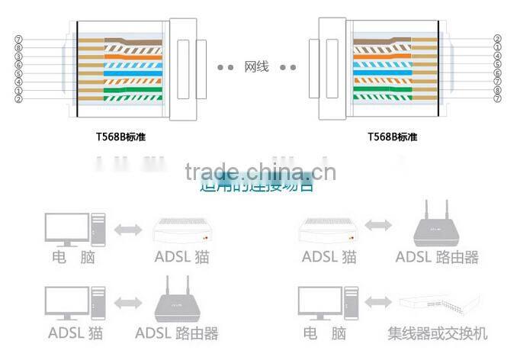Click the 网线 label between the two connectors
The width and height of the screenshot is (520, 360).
click(x=257, y=67)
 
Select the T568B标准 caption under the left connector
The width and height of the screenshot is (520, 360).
click(x=120, y=137)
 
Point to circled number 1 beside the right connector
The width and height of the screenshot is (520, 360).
click(x=497, y=47)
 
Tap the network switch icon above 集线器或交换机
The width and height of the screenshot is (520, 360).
click(x=439, y=303)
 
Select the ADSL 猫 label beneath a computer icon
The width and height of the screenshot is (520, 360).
click(x=76, y=333)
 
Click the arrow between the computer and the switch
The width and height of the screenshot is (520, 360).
click(x=377, y=303)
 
